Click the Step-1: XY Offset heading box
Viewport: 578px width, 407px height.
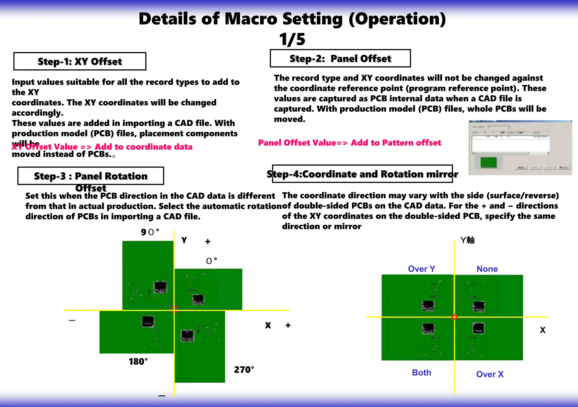click(80, 61)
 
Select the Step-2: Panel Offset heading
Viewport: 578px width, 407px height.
click(340, 58)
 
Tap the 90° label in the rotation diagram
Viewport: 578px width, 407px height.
click(150, 232)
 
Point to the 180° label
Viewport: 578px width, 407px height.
click(138, 362)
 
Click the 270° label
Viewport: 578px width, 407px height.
click(244, 370)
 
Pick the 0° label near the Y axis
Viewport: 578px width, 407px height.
click(211, 261)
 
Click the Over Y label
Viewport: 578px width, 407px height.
click(421, 269)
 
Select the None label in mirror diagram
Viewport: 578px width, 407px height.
click(487, 269)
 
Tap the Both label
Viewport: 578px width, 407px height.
click(421, 373)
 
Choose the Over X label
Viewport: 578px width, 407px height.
click(490, 374)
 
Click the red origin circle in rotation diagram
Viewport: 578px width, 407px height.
click(174, 309)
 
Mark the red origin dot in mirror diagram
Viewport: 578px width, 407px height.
click(454, 317)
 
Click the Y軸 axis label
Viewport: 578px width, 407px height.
click(467, 240)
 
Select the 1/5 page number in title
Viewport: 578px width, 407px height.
click(292, 39)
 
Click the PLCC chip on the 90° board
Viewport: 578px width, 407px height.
click(160, 287)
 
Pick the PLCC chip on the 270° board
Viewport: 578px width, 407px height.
click(187, 336)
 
